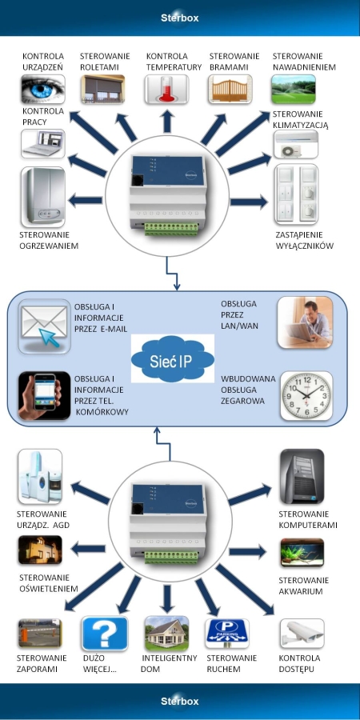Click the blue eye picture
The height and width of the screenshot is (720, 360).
(x=42, y=89)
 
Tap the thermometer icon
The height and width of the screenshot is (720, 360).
(x=166, y=89)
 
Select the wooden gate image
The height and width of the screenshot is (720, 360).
(x=230, y=89)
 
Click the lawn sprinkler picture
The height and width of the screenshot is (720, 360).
(x=294, y=89)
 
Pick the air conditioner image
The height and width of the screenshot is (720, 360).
(x=296, y=144)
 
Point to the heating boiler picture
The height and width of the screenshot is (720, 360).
(x=42, y=197)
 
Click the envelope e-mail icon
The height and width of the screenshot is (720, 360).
(x=45, y=326)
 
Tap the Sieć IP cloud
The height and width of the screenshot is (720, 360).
(x=173, y=358)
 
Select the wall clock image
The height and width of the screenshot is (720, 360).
(x=306, y=396)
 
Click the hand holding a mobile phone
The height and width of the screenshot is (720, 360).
(x=45, y=396)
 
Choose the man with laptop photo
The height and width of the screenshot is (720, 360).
(x=305, y=322)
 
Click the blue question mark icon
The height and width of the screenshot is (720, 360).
(x=105, y=634)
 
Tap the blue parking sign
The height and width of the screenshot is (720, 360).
(x=227, y=634)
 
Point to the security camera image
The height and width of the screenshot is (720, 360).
(x=302, y=634)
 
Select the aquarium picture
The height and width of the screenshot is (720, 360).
(x=302, y=553)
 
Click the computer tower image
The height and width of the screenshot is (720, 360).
(x=302, y=476)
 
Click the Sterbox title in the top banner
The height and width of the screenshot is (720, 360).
(x=179, y=18)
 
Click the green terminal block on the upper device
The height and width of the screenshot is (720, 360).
(x=171, y=229)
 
